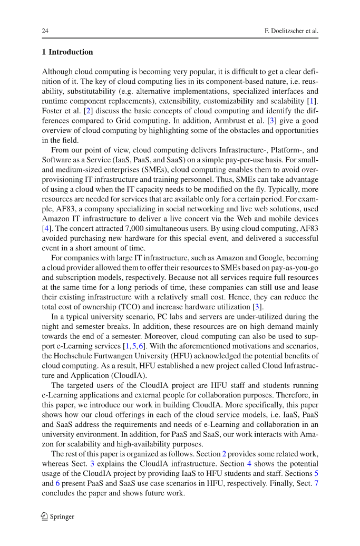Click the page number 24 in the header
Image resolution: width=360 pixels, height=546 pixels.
click(x=45, y=31)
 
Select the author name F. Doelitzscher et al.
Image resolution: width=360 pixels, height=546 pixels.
click(x=291, y=31)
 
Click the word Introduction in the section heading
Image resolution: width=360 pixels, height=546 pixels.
click(x=71, y=52)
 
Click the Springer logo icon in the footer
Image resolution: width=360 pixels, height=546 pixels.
click(x=45, y=516)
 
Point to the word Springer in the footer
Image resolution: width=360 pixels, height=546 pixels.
click(x=62, y=517)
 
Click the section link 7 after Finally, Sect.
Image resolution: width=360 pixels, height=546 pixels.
click(x=316, y=484)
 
